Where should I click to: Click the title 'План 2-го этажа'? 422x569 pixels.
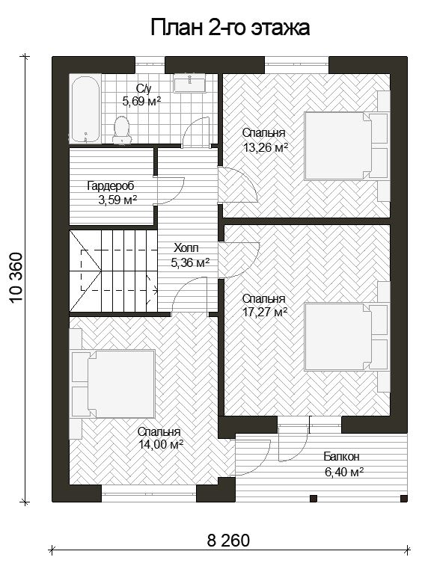click(x=230, y=28)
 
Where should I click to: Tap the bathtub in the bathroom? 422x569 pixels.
click(x=85, y=108)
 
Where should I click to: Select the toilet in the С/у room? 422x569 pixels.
click(x=122, y=130)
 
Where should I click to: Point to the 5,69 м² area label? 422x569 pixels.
click(x=141, y=101)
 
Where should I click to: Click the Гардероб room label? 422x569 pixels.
click(x=111, y=185)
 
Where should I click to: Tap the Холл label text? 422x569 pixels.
click(x=186, y=248)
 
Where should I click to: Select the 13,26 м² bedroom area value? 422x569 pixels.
click(x=266, y=148)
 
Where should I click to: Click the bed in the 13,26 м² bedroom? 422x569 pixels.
click(x=347, y=146)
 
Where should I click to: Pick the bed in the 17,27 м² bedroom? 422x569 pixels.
click(x=347, y=337)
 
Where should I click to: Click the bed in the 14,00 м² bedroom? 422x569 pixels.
click(x=112, y=384)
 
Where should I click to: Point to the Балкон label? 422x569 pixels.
click(x=341, y=456)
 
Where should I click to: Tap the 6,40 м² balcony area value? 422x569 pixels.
click(x=344, y=472)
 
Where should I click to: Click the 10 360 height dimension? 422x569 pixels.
click(x=16, y=277)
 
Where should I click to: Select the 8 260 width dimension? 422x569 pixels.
click(x=228, y=541)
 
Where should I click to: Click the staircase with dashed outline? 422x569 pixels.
click(x=113, y=271)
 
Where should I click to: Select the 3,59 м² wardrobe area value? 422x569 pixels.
click(x=117, y=200)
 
